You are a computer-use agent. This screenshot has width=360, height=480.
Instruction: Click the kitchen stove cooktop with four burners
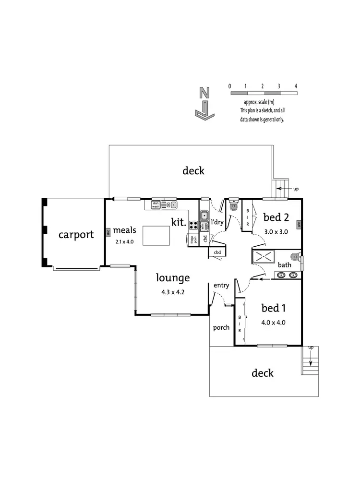tap(194, 225)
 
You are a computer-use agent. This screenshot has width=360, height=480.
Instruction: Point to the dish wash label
tap(156, 205)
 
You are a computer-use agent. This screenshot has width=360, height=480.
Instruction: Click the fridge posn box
tap(191, 240)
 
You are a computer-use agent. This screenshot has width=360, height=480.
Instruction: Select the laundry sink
tap(204, 216)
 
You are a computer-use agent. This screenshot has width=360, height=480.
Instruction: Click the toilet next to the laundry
tap(233, 205)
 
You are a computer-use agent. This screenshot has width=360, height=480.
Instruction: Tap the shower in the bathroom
tap(263, 257)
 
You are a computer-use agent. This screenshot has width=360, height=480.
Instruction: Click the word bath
tap(284, 265)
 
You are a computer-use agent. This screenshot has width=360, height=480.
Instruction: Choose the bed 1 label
tap(273, 308)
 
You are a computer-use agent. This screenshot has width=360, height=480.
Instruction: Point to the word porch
tap(221, 328)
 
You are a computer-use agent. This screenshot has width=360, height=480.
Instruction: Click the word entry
tap(221, 286)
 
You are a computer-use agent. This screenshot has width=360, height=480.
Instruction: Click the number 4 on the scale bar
tap(296, 86)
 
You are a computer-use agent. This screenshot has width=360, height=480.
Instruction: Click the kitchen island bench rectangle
tap(156, 235)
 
